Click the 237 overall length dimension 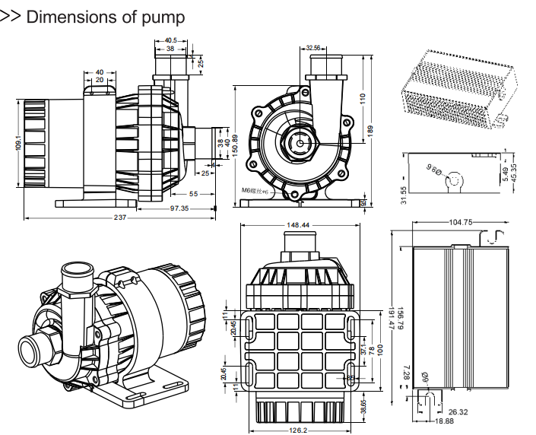click(120, 217)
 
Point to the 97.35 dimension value click(179, 208)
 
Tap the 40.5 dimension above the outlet click(170, 40)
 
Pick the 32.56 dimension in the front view click(313, 48)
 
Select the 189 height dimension click(371, 130)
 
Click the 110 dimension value click(363, 98)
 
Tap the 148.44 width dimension click(298, 225)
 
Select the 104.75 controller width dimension click(461, 222)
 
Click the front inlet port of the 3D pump click(36, 353)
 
